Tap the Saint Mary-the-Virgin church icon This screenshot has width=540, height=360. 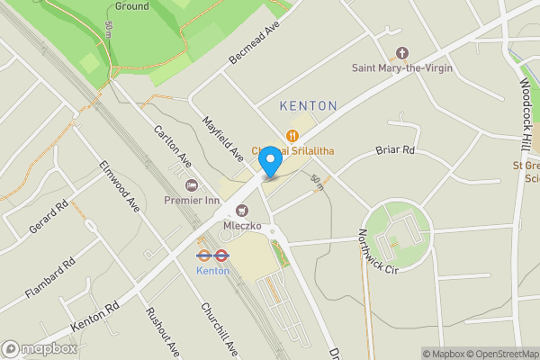click(402, 53)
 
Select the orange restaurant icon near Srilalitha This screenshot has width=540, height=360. click(292, 136)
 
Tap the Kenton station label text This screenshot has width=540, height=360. click(213, 270)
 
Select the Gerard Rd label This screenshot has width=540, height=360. click(49, 218)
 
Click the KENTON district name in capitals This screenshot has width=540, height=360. click(309, 106)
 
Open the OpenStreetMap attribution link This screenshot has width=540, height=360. click(499, 354)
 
